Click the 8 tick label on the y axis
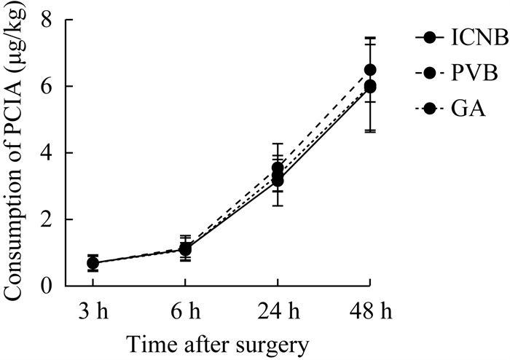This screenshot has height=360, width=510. click(x=47, y=20)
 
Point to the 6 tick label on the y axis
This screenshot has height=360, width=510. click(x=47, y=86)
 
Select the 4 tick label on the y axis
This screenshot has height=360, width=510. click(x=47, y=153)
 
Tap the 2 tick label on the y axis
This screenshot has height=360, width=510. click(x=47, y=219)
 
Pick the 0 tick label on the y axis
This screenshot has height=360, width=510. click(x=47, y=286)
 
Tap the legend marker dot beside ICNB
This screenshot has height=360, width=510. click(x=429, y=38)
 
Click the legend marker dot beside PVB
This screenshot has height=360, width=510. click(x=429, y=74)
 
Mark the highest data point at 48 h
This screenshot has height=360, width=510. click(x=370, y=70)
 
